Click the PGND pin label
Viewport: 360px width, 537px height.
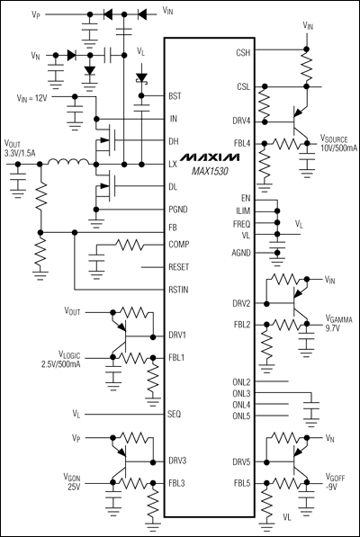[179, 208]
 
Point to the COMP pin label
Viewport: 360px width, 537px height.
[179, 243]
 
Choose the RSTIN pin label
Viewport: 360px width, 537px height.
[179, 289]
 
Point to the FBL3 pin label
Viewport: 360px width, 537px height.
[177, 483]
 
